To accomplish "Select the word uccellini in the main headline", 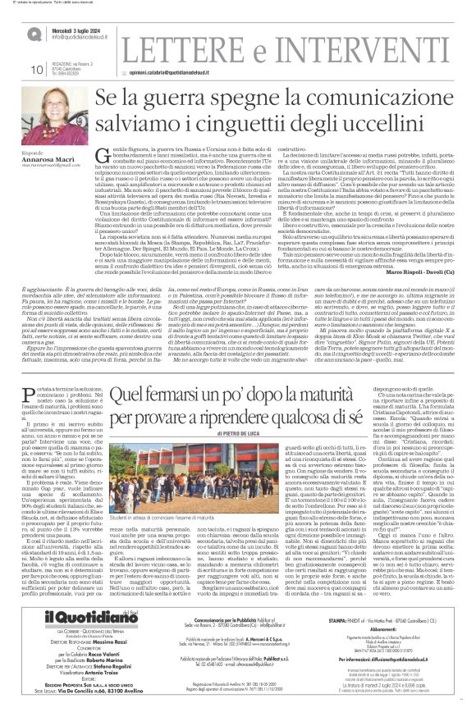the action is tap(396, 128).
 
